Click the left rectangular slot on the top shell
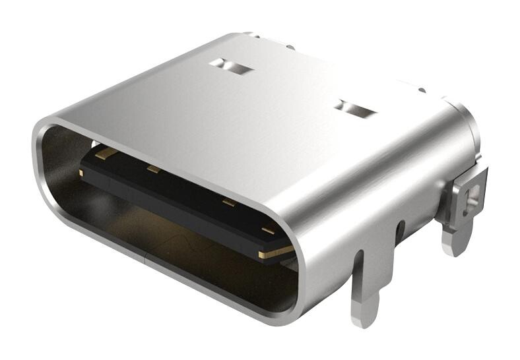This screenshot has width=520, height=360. [230, 66]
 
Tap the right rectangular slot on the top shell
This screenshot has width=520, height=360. [355, 109]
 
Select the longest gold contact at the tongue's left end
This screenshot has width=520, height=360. [106, 154]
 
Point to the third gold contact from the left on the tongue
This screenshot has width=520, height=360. [228, 202]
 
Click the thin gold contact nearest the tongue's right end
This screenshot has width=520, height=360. [267, 231]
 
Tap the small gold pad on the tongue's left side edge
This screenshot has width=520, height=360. [81, 173]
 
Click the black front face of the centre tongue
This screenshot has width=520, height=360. [172, 204]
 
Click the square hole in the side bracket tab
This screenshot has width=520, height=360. [471, 195]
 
